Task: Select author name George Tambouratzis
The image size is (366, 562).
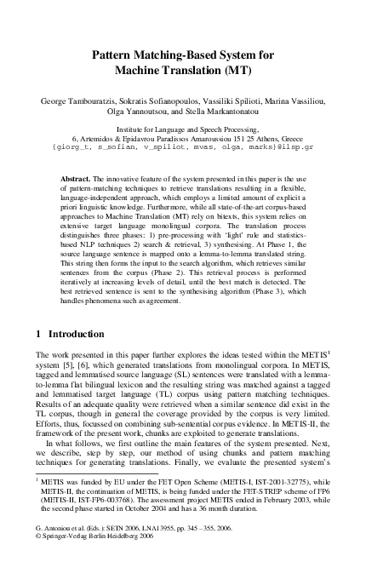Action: click(x=76, y=101)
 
